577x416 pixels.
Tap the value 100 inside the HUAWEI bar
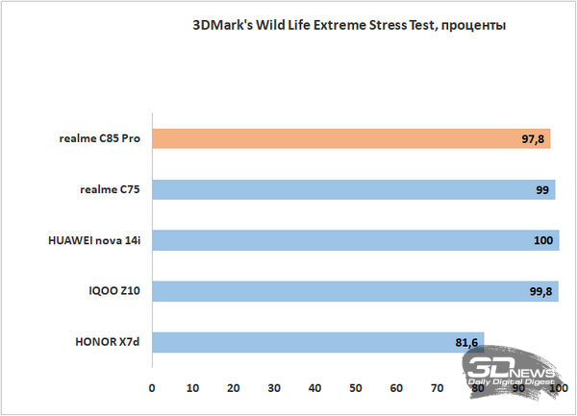pyautogui.click(x=544, y=241)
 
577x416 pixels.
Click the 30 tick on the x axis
pyautogui.click(x=274, y=388)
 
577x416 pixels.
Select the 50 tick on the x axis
pyautogui.click(x=356, y=388)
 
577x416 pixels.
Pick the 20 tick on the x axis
pyautogui.click(x=234, y=388)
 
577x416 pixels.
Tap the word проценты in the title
pyautogui.click(x=469, y=24)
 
